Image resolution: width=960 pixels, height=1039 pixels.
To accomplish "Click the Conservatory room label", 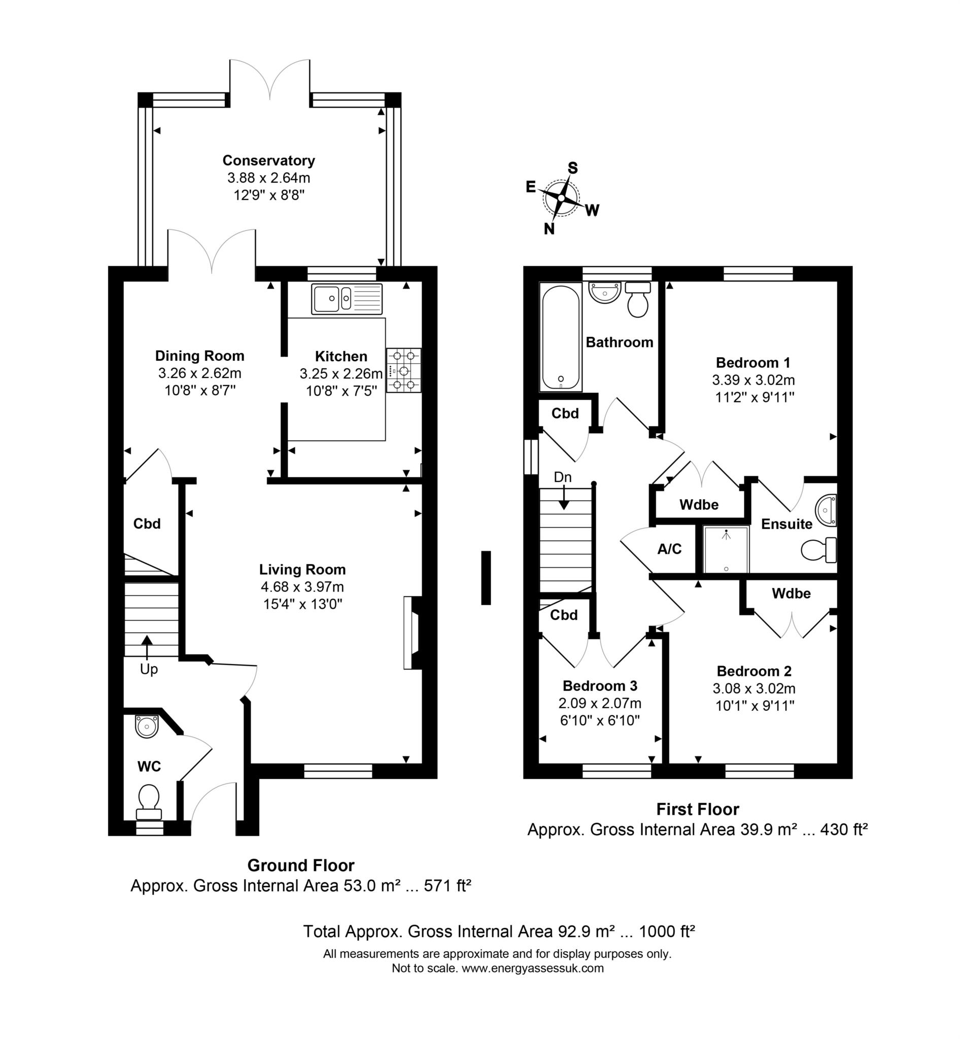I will [268, 160].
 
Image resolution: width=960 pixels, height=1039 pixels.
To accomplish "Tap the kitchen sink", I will [347, 299].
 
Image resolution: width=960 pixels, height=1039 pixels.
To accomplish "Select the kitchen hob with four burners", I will [404, 370].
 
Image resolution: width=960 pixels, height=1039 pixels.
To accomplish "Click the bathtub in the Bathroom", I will [561, 337].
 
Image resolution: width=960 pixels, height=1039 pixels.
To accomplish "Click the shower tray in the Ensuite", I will [726, 549].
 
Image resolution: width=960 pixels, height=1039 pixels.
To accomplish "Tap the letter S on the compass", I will [572, 168].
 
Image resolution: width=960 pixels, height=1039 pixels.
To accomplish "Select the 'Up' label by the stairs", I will [149, 669].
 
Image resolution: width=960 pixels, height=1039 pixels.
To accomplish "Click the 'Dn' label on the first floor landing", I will [563, 477].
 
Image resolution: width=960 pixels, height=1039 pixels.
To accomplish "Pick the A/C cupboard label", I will [669, 549].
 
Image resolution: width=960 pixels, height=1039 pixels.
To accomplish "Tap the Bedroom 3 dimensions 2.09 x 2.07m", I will [599, 703].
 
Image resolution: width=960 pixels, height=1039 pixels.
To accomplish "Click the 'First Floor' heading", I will [697, 809].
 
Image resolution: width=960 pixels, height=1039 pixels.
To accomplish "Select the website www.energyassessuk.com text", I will [532, 968].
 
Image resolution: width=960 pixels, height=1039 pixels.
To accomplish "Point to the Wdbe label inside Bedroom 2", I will [791, 593].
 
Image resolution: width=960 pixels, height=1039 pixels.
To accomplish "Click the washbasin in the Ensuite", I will [826, 510].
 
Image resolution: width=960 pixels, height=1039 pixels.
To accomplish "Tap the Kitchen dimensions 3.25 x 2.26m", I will [341, 373].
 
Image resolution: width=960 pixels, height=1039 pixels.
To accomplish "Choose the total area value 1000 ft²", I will [666, 931].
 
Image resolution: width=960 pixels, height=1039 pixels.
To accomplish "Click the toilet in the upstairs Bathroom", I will [638, 300].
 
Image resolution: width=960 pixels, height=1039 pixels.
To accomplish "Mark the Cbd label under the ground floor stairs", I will [147, 524].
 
